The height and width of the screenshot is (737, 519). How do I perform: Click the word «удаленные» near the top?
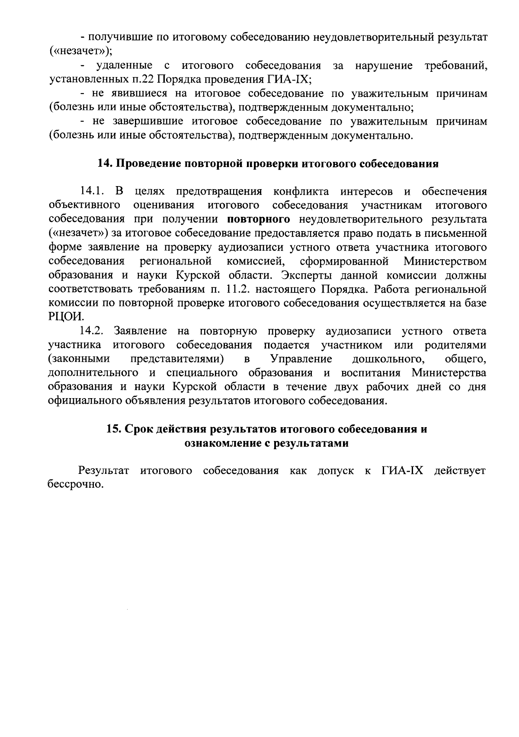click(124, 66)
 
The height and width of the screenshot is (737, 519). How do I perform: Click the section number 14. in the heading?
click(105, 164)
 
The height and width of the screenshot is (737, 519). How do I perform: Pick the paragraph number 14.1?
click(92, 191)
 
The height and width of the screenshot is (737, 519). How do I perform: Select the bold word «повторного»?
click(258, 219)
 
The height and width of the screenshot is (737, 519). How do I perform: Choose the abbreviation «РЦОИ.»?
click(64, 317)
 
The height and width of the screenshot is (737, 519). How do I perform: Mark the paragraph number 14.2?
click(92, 331)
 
